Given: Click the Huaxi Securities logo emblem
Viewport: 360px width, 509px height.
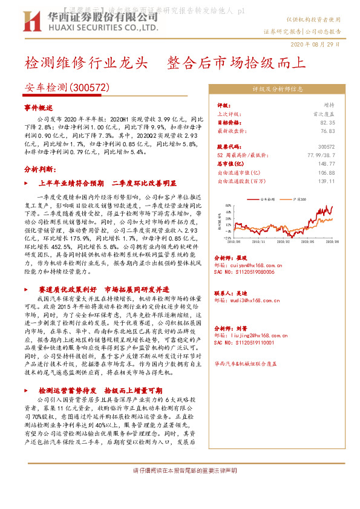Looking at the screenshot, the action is coord(31,21).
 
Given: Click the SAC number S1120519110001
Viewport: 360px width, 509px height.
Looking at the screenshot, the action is coord(244,342).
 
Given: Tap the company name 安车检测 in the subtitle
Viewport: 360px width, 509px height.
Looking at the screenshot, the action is coord(47,88).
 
